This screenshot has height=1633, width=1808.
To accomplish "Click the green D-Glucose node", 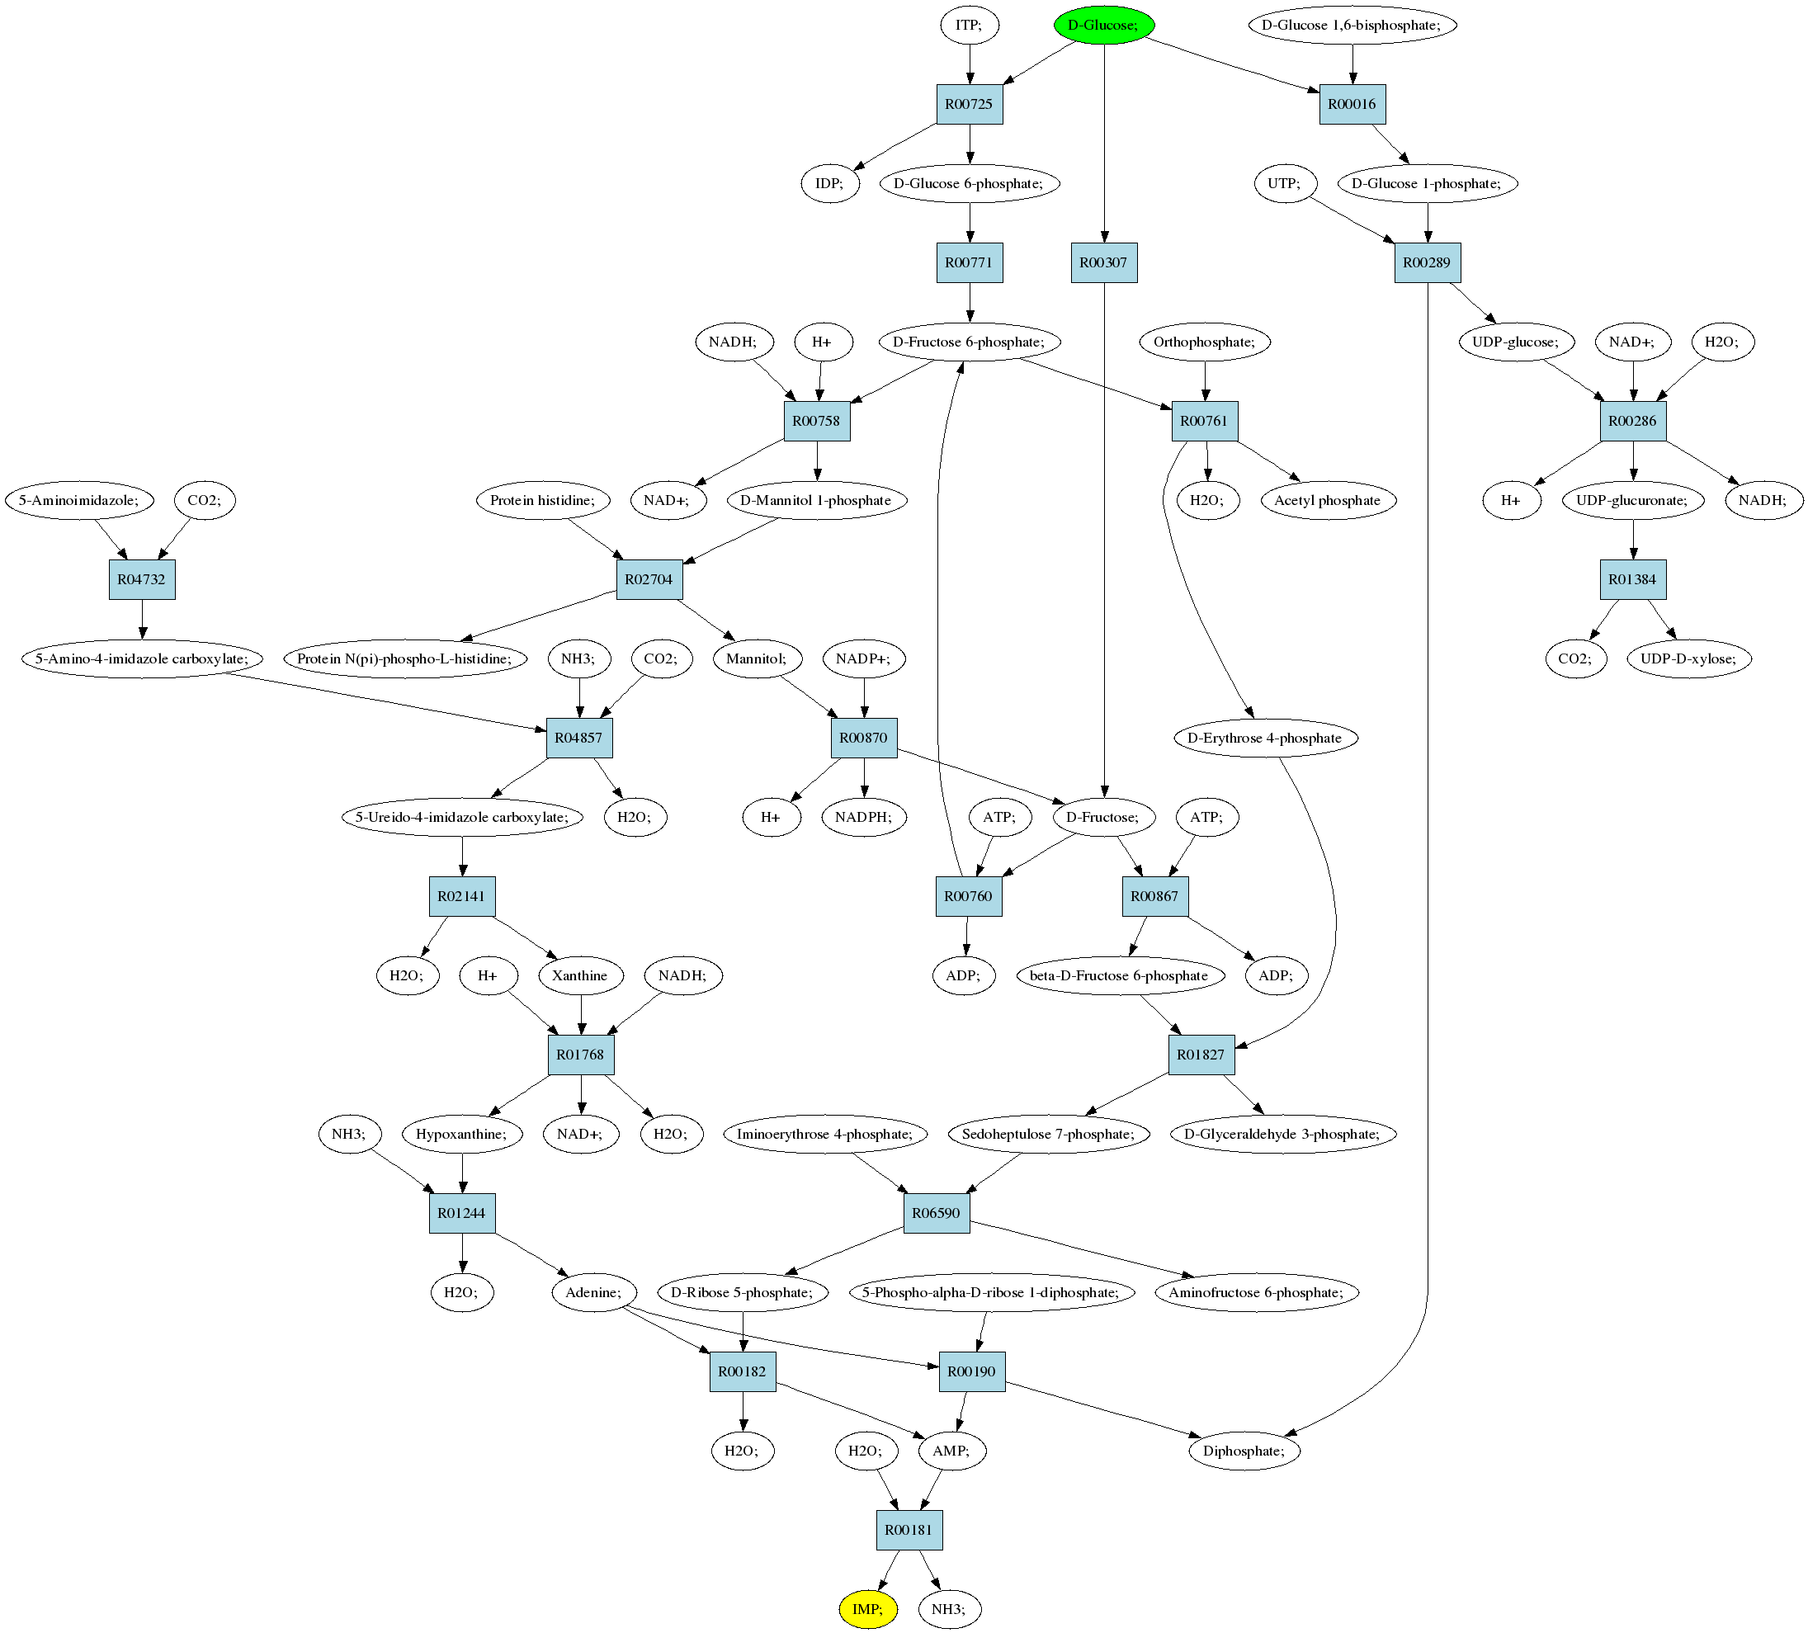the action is coord(1103,25).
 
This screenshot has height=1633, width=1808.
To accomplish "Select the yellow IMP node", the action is coord(867,1609).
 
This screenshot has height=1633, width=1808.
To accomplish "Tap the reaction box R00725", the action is coord(969,104).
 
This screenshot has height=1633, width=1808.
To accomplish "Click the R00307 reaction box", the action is coord(1103,262).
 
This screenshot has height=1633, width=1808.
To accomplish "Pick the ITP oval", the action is coord(969,25).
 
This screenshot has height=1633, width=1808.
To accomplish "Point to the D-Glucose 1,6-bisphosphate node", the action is coord(1352,25).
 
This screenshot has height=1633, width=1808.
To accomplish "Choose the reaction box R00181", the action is coord(909,1529).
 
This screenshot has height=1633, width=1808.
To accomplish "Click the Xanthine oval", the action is coord(580,975).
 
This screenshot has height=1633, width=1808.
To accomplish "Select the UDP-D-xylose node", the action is coord(1688,659).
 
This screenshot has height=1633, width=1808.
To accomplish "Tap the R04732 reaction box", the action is coord(142,579).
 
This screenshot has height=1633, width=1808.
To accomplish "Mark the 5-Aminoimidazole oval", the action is coord(79,500).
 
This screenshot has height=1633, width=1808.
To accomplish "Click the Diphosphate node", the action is coord(1244,1450).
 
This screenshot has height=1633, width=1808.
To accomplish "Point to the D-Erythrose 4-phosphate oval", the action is coord(1265,738).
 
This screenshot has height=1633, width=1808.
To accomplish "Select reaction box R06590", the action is coord(936,1212).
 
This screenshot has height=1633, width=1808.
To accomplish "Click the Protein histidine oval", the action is coord(543,500).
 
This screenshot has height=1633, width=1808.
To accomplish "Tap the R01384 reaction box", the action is coord(1632,579).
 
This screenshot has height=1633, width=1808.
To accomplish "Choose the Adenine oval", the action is coord(593,1292).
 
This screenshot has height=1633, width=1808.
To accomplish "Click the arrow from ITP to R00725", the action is coord(969,64).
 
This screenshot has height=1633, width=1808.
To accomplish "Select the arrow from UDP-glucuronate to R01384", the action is coord(1633,540).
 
